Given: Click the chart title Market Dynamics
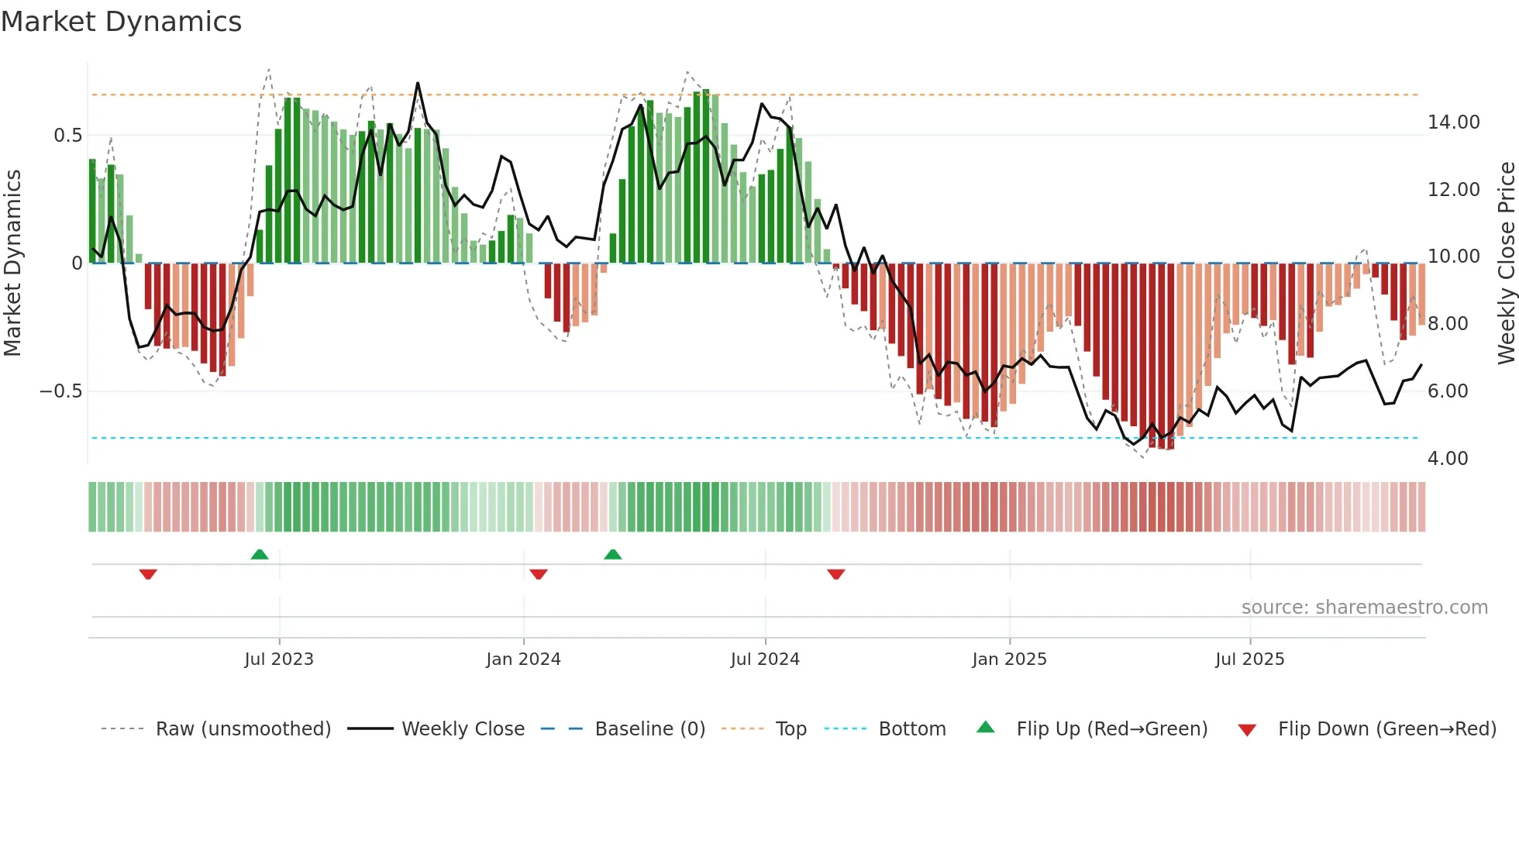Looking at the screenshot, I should [x=121, y=22].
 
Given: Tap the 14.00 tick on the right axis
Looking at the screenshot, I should [x=1453, y=122].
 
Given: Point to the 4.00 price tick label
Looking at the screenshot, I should [x=1447, y=459].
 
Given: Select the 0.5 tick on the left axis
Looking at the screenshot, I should [x=67, y=136].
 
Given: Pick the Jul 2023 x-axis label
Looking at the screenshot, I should [x=279, y=659].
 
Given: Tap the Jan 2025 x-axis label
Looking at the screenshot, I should [x=1009, y=659].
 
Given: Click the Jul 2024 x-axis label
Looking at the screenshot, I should [x=765, y=659].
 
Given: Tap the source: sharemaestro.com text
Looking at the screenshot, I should [x=1364, y=608].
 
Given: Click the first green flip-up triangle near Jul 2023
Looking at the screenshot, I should [x=260, y=554].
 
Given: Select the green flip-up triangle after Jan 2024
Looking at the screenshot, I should [x=612, y=554].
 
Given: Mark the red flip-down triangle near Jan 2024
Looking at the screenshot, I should [x=539, y=574].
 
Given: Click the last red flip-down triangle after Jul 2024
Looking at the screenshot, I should [x=835, y=574].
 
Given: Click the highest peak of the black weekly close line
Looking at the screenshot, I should [x=418, y=83].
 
